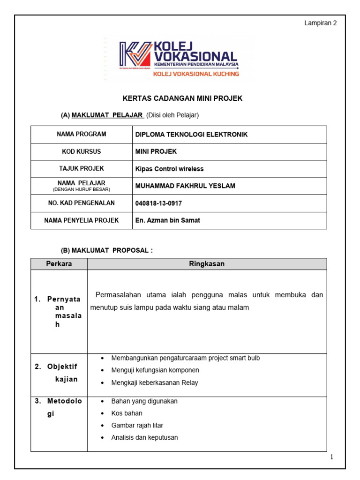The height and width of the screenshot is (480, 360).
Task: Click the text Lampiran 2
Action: click(x=321, y=23)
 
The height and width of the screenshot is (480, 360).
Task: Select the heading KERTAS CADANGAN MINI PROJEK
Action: click(x=182, y=98)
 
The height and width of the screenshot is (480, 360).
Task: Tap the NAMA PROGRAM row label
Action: click(x=82, y=134)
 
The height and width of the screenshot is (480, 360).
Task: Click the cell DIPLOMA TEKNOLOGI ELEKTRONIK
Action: click(x=191, y=135)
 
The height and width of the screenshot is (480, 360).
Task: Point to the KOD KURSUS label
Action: click(x=82, y=151)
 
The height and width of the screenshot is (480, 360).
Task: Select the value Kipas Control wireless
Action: click(x=169, y=169)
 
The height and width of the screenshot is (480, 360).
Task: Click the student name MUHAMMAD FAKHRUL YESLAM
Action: click(x=185, y=186)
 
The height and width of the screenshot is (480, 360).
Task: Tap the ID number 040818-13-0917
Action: click(x=158, y=203)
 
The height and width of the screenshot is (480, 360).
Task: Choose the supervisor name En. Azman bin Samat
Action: click(x=167, y=220)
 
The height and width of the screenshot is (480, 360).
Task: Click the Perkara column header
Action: click(x=59, y=264)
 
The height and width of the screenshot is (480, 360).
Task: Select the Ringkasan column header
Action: click(x=207, y=264)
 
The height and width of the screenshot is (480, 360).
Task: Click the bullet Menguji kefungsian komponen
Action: click(x=152, y=370)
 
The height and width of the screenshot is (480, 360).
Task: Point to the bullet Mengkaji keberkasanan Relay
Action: click(x=155, y=382)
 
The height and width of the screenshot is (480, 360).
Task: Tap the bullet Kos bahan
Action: click(x=127, y=413)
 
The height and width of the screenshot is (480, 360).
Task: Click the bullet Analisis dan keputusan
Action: click(x=144, y=438)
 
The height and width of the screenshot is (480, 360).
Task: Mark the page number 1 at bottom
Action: click(x=331, y=457)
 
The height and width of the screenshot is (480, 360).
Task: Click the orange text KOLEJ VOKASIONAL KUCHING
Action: click(x=196, y=74)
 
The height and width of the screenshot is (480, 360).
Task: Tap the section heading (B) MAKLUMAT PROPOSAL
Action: click(x=107, y=250)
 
